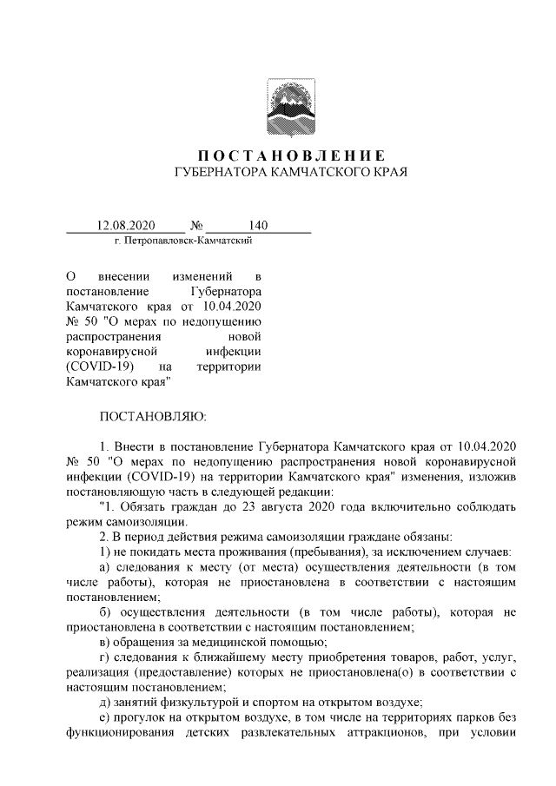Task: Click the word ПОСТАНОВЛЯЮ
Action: pyautogui.click(x=153, y=419)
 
